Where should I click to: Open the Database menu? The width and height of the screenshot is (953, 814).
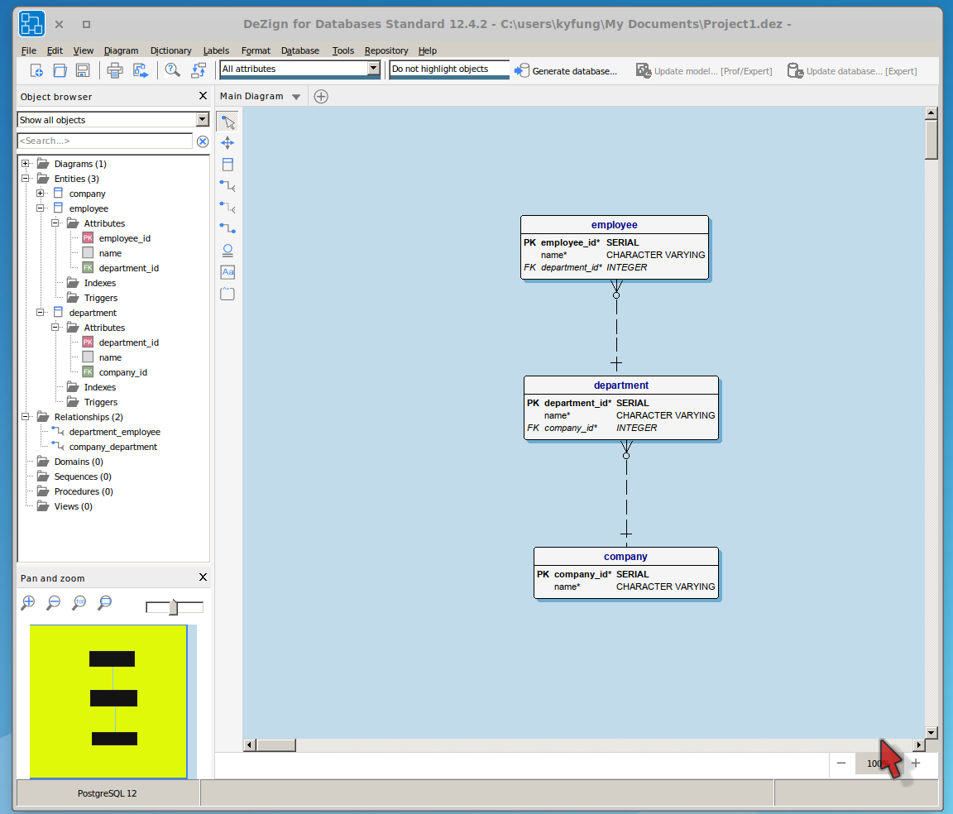pos(299,50)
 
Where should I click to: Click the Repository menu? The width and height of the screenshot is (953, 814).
pos(386,50)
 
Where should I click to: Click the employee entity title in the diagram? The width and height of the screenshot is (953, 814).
pos(614,225)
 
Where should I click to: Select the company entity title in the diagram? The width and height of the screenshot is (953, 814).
pos(625,557)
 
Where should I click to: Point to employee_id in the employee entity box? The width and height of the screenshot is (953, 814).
pos(569,242)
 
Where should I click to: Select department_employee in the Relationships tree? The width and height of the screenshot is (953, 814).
pos(114,432)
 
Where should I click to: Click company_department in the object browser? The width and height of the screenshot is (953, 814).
pos(113,447)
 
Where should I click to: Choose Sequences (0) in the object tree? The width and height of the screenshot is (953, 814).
pos(83,476)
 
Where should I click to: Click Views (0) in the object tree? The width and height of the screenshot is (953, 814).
pos(72,506)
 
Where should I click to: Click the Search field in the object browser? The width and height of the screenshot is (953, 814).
pos(105,141)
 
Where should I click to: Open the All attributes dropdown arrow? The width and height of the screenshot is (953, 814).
pos(373,69)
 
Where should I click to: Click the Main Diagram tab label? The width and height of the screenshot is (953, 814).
pos(251,97)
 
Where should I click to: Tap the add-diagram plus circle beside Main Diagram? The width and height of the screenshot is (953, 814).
pos(321,97)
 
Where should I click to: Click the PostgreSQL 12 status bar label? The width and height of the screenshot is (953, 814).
pos(108,793)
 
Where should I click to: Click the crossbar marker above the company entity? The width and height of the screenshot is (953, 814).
pos(626,529)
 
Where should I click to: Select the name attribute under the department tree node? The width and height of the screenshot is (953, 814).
pos(110,357)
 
